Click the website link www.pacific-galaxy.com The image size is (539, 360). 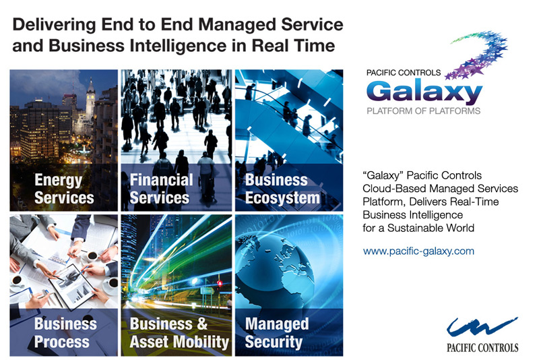point(418,251)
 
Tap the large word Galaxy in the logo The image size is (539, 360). point(424,92)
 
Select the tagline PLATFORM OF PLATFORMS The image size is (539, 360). point(424,111)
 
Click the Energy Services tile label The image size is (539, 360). point(64,189)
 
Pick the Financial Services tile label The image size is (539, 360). point(161,189)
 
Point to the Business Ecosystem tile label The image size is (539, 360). point(282,189)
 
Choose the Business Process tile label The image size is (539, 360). point(65,332)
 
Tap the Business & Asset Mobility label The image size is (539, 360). point(179,332)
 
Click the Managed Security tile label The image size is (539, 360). point(277,332)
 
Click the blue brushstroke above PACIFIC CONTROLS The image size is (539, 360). point(481,327)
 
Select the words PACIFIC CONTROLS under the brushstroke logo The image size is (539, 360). point(482,348)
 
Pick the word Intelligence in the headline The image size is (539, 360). point(178,46)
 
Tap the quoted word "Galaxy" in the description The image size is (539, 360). point(383,175)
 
